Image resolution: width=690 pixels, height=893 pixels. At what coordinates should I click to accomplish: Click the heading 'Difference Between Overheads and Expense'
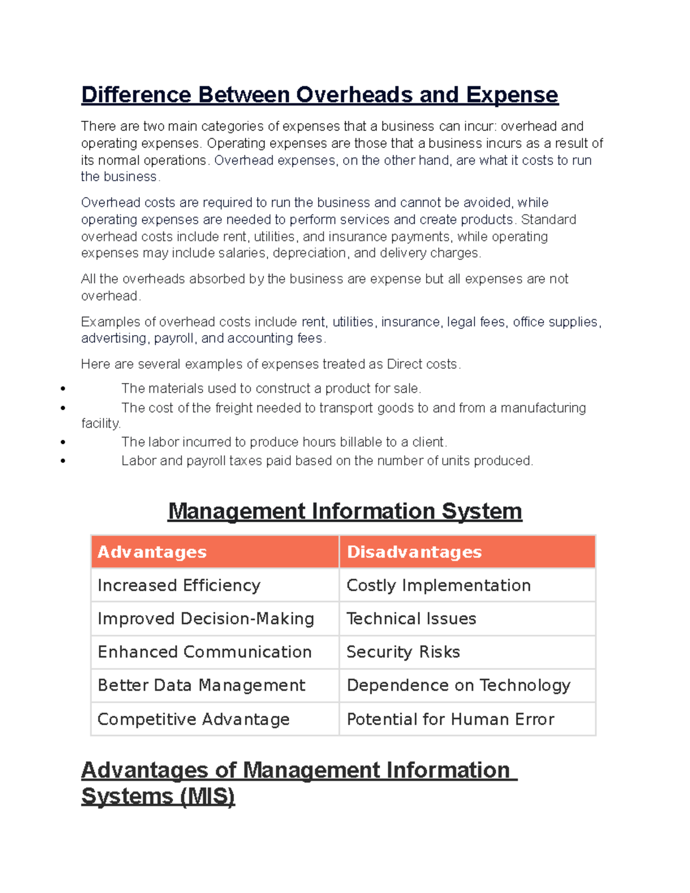coord(319,95)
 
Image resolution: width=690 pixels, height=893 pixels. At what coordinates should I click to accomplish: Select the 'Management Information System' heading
coord(344,511)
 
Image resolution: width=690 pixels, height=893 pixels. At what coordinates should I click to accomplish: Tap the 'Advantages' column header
coord(152,552)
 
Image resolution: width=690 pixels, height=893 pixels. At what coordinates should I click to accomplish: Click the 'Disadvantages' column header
coord(414,552)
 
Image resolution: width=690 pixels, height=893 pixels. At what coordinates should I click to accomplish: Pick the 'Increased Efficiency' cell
coord(179,585)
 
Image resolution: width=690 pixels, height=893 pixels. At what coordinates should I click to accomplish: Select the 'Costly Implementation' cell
coord(438,585)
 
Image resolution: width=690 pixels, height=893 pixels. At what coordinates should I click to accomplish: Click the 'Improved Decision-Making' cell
coord(206,619)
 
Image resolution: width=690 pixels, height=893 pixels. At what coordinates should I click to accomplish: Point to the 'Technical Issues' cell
coord(411,619)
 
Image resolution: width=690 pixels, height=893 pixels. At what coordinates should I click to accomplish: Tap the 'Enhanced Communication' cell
coord(205,652)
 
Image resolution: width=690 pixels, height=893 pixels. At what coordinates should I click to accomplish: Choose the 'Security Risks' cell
coord(403,652)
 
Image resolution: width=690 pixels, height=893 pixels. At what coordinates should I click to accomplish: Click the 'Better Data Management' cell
coord(201,685)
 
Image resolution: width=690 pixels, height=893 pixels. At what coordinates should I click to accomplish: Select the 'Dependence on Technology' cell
coord(458,685)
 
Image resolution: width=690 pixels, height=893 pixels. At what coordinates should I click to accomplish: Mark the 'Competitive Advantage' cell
coord(193,719)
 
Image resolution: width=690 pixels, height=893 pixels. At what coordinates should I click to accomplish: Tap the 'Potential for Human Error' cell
coord(450,719)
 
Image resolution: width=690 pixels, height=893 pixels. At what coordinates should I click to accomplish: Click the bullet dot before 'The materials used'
coord(63,389)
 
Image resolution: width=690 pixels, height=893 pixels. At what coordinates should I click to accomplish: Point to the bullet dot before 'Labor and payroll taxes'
coord(63,461)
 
